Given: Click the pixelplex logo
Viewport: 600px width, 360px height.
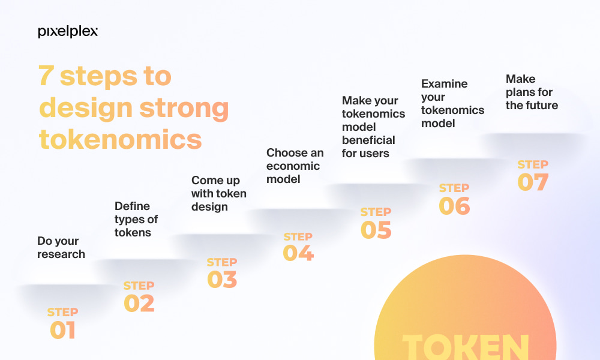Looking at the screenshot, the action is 68,32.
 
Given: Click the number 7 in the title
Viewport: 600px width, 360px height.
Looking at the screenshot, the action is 46,76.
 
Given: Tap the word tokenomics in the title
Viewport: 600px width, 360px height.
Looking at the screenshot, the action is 121,139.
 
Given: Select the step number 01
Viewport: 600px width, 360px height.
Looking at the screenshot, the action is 63,330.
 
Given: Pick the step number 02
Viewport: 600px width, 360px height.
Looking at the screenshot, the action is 139,304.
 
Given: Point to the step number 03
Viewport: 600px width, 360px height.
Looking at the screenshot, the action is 222,279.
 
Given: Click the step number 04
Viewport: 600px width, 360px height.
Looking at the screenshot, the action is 298,253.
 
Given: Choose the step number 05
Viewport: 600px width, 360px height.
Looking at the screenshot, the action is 376,230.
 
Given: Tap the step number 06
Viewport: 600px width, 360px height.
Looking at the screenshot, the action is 454,206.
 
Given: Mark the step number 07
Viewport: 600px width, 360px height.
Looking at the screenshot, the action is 533,182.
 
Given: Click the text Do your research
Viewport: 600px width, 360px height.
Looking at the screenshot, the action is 61,248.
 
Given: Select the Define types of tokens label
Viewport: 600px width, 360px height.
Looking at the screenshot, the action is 136,219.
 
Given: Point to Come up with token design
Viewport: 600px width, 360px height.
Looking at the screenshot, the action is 219,194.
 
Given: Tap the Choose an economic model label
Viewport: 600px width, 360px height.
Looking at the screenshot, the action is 295,166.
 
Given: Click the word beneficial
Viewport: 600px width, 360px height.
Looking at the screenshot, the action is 368,140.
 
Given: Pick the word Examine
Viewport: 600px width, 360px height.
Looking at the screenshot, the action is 444,83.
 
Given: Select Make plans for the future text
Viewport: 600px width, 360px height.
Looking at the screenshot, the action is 532,92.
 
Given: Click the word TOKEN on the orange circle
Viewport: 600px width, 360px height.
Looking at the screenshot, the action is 466,347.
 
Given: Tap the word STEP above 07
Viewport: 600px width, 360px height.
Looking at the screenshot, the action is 533,164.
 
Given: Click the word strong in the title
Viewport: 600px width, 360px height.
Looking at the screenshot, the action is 184,108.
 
